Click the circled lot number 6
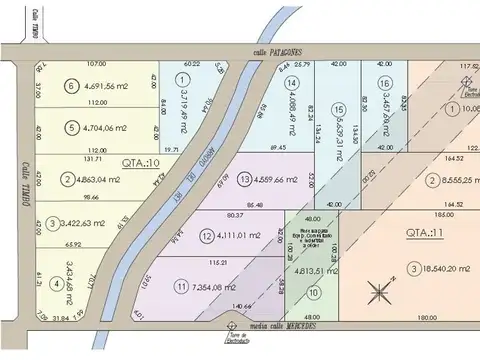click(x=70, y=87)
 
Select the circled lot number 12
click(x=206, y=236)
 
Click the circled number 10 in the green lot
click(x=314, y=293)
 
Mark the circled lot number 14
click(x=291, y=83)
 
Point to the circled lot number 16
click(x=384, y=83)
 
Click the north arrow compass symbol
click(x=380, y=293)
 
